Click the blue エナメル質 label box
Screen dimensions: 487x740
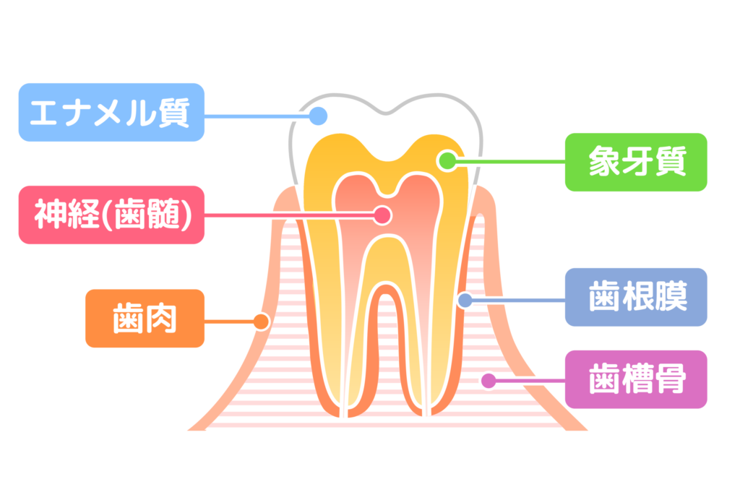[x=111, y=112]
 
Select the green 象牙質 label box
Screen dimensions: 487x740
[x=635, y=162]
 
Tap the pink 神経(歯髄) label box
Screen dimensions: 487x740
[x=111, y=215]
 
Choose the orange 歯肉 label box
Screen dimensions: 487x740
[x=145, y=319]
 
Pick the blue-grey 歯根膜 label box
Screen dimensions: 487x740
[x=635, y=298]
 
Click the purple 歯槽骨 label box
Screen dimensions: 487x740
[x=635, y=379]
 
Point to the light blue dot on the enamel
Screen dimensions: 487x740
[x=318, y=116]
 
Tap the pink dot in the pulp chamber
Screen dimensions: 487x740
[x=382, y=215]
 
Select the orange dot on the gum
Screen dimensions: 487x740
[x=260, y=321]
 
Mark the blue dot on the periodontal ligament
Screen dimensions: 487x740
[x=465, y=299]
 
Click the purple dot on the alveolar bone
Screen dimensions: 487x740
[x=489, y=380]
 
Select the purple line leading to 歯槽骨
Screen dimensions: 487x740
[x=528, y=380]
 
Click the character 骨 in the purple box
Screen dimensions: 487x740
[x=670, y=379]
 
